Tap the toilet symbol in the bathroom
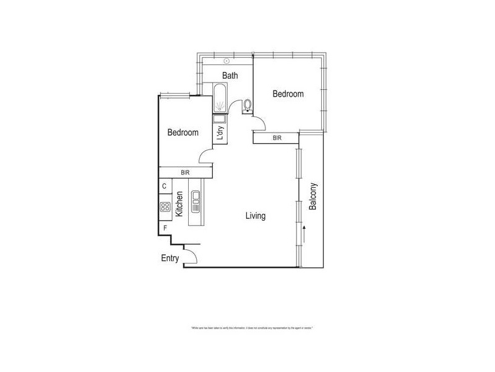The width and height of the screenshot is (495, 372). click(248, 105)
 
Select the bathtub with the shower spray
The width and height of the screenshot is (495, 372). click(220, 99)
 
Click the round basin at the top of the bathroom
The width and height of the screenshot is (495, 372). click(227, 61)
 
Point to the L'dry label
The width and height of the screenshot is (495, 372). click(220, 133)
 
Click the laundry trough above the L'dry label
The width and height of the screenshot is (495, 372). click(220, 119)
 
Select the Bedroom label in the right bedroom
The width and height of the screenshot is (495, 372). click(288, 94)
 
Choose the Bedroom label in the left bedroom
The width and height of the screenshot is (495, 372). click(183, 133)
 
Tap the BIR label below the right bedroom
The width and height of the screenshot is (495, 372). click(277, 138)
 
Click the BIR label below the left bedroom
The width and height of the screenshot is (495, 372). click(184, 173)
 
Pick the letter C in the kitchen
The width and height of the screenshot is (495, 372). click(165, 186)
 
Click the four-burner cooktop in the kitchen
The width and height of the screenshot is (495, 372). click(165, 207)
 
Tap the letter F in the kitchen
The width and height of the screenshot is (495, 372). click(165, 228)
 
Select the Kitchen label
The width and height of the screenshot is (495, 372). click(179, 204)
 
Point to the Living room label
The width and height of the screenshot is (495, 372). click(256, 216)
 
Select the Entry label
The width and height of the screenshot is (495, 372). click(170, 259)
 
